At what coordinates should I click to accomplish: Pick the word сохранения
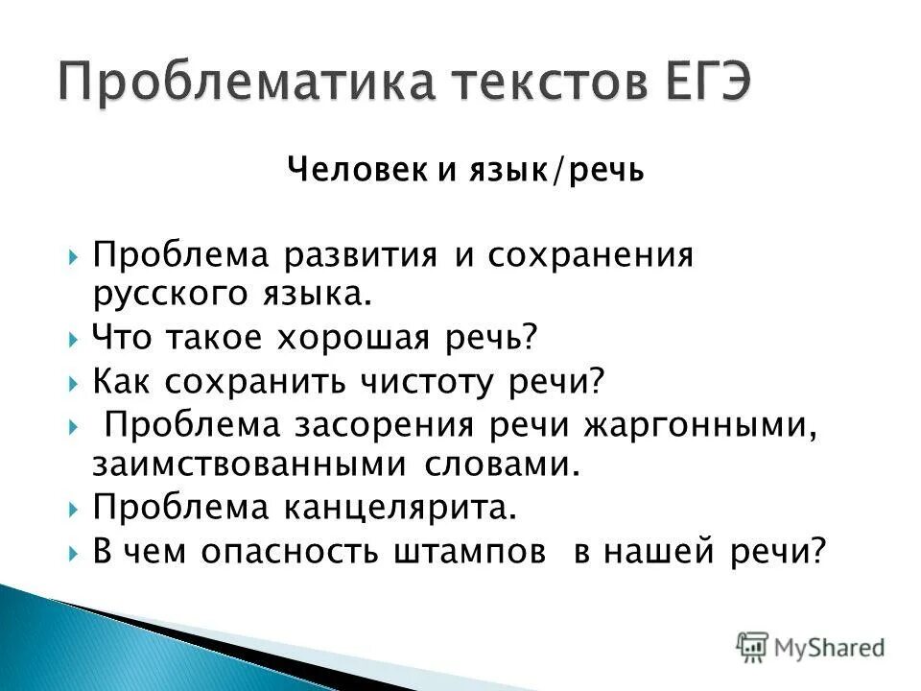tap(589, 256)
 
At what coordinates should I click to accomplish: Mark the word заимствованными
tap(251, 465)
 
